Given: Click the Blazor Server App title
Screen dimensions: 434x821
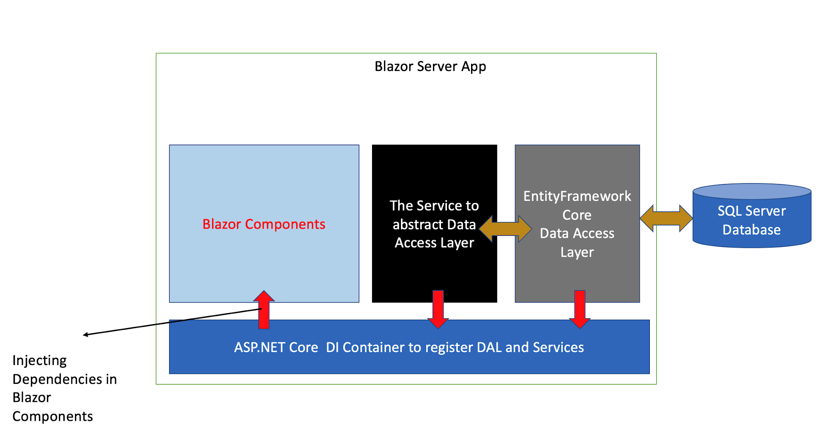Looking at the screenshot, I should pyautogui.click(x=430, y=66).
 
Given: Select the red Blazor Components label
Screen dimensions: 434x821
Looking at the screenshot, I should pyautogui.click(x=264, y=224).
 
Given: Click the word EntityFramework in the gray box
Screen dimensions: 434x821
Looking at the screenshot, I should pyautogui.click(x=577, y=196).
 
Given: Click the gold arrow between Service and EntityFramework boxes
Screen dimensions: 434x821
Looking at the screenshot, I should pyautogui.click(x=505, y=229).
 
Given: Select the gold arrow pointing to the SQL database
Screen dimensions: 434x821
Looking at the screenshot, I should pyautogui.click(x=666, y=218).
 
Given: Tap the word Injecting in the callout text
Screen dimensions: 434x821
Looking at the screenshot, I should pyautogui.click(x=39, y=361).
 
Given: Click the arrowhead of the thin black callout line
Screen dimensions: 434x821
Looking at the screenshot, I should pyautogui.click(x=85, y=335).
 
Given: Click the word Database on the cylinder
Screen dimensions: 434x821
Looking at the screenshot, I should pyautogui.click(x=751, y=230).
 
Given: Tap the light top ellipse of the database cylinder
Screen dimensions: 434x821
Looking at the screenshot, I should pyautogui.click(x=752, y=191).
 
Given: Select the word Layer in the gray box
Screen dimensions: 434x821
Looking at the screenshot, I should pyautogui.click(x=577, y=252).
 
